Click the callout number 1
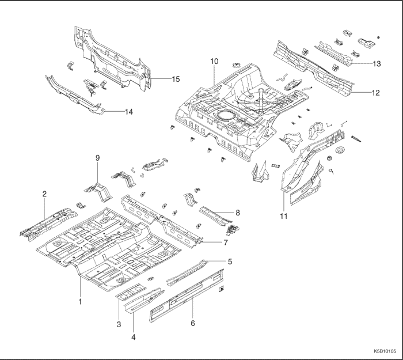(x=80, y=301)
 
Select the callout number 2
(x=44, y=195)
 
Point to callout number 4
(x=133, y=337)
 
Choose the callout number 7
(x=226, y=242)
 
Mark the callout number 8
(x=237, y=213)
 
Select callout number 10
(x=214, y=60)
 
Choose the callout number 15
(x=176, y=78)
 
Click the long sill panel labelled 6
(x=184, y=298)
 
